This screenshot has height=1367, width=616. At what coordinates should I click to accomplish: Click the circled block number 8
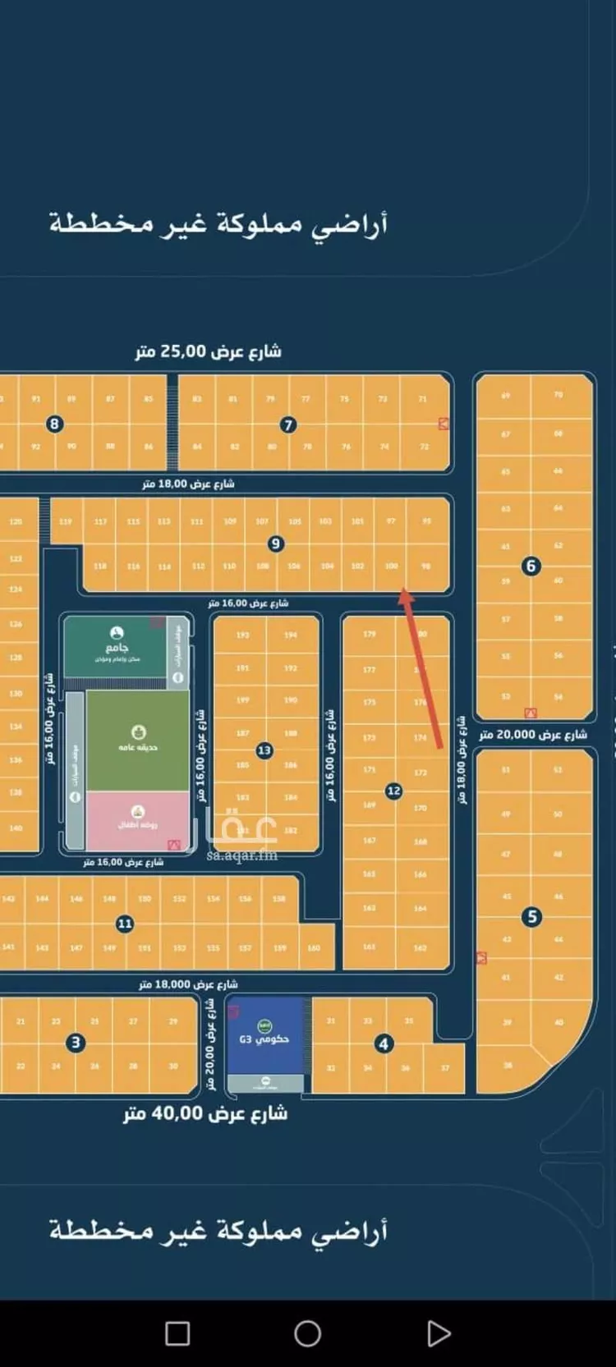[55, 424]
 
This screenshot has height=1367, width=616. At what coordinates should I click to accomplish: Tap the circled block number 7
[287, 424]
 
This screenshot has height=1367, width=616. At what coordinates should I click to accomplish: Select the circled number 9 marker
[275, 544]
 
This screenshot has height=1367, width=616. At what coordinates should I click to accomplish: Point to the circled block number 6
[531, 566]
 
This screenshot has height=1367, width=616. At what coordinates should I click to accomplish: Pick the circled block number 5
[532, 916]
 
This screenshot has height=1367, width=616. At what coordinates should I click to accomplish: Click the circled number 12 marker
[393, 791]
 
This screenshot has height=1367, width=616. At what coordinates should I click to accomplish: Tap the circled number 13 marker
[264, 750]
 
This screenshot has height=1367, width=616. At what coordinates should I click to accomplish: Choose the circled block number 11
[124, 924]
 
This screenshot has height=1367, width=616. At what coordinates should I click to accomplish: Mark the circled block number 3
[76, 1043]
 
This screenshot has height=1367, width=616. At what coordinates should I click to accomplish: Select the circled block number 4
[383, 1044]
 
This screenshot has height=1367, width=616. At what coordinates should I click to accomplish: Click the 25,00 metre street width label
[209, 351]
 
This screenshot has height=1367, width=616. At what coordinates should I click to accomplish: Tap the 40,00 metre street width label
[205, 1114]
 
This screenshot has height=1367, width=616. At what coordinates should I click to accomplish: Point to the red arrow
[423, 668]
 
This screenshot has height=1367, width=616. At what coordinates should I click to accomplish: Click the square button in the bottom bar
[177, 1333]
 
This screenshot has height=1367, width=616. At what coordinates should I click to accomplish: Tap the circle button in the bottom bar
[307, 1333]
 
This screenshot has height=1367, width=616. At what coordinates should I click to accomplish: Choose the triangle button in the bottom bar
[439, 1333]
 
